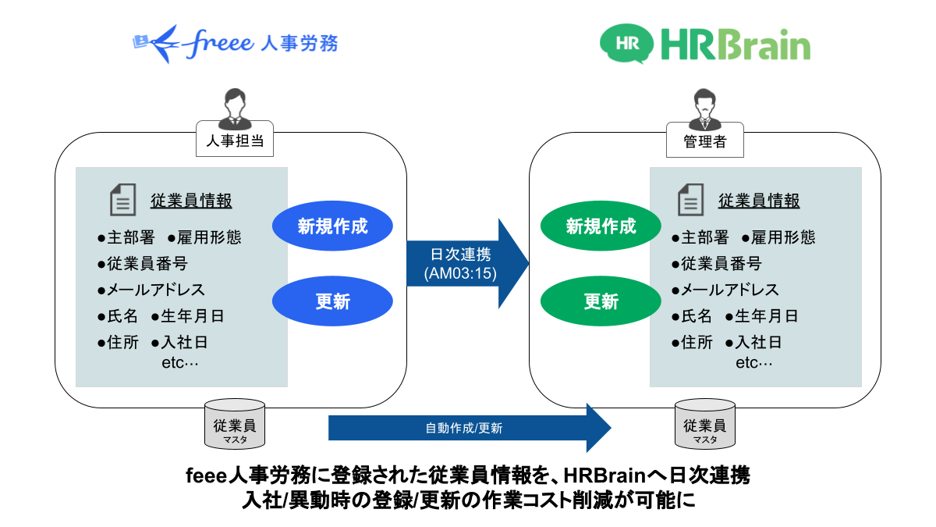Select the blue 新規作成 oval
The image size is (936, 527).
332,226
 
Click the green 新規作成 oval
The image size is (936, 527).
601,226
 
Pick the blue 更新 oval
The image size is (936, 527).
332,301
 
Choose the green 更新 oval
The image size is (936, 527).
601,301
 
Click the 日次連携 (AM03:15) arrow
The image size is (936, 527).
465,263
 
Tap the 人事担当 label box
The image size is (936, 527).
234,141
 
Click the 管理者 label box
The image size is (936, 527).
704,141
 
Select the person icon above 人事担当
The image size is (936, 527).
234,108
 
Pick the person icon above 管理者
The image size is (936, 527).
704,108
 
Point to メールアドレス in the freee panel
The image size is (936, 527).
156,290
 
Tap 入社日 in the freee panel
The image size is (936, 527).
184,342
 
